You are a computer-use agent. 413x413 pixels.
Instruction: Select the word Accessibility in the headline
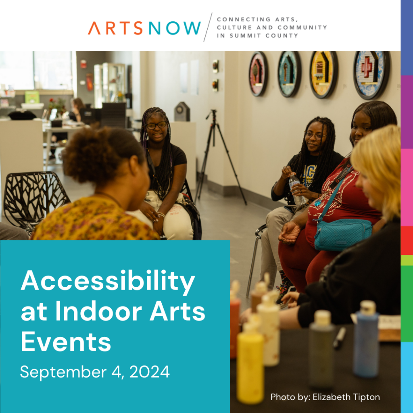click(x=108, y=282)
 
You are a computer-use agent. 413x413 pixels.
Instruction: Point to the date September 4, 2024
click(x=95, y=371)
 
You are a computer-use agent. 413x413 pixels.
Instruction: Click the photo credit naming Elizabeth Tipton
click(x=325, y=397)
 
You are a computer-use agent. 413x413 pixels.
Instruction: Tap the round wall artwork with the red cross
click(x=371, y=74)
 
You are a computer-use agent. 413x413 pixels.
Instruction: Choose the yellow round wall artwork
click(x=323, y=74)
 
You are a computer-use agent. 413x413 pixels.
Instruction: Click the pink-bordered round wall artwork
click(x=258, y=73)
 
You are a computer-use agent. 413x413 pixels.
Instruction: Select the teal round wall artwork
click(x=289, y=74)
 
